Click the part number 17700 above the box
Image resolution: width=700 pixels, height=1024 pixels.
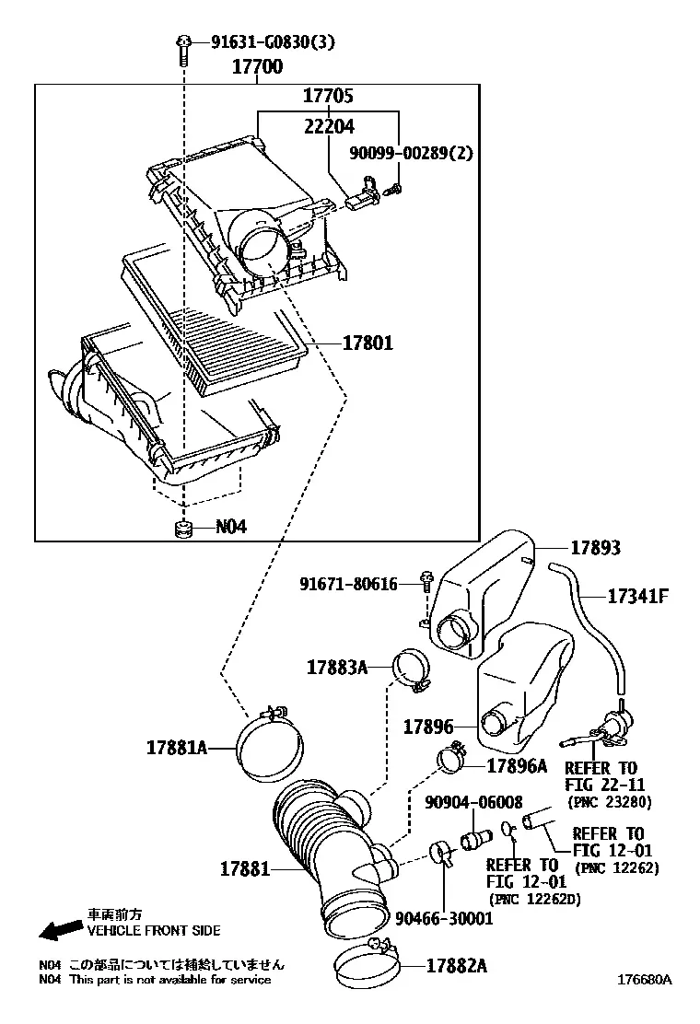pyautogui.click(x=258, y=66)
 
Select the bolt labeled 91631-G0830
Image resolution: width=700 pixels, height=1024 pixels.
pyautogui.click(x=183, y=51)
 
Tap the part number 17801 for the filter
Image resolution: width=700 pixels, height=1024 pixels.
pyautogui.click(x=368, y=343)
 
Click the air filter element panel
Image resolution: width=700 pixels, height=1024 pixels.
pyautogui.click(x=215, y=321)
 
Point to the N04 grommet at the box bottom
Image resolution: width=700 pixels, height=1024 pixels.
pyautogui.click(x=184, y=529)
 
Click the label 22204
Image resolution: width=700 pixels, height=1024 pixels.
pyautogui.click(x=329, y=126)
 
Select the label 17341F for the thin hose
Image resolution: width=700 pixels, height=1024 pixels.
pyautogui.click(x=638, y=596)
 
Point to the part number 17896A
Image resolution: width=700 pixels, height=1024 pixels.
pyautogui.click(x=517, y=766)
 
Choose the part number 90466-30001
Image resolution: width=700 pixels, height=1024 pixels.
pyautogui.click(x=444, y=918)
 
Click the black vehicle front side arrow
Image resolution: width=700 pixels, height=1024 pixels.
pyautogui.click(x=60, y=930)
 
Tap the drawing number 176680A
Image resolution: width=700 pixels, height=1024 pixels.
pyautogui.click(x=646, y=980)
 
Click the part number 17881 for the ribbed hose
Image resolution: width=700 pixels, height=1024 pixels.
pyautogui.click(x=245, y=868)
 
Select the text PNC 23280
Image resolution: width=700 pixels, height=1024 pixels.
pyautogui.click(x=609, y=800)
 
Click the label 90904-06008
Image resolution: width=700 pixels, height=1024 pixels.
pyautogui.click(x=473, y=802)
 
